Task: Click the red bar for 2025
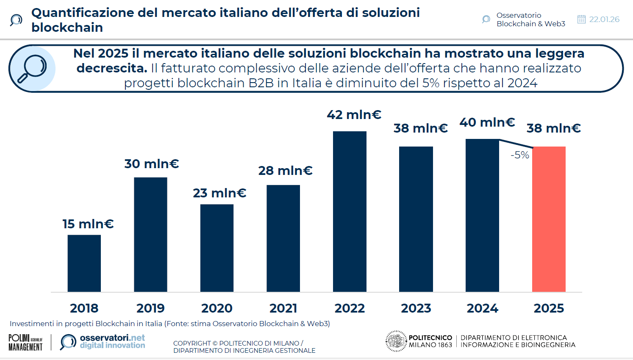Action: tap(549, 219)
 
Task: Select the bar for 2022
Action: tap(350, 211)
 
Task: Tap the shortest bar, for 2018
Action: tap(84, 263)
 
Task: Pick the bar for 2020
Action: tap(217, 248)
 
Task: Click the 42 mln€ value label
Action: tap(354, 115)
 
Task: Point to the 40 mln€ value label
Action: tap(487, 122)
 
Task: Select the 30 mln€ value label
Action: tap(152, 164)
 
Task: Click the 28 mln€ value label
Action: tap(285, 171)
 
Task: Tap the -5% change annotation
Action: tap(520, 155)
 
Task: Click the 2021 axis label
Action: tap(283, 308)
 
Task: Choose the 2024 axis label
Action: tap(482, 308)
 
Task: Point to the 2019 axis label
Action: tap(150, 308)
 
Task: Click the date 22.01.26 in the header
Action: tap(604, 19)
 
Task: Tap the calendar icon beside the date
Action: tap(581, 19)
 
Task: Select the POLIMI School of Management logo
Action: tap(25, 342)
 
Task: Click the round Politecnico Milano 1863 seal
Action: tap(396, 341)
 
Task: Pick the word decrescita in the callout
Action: tap(111, 68)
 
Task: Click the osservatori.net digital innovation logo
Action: tap(103, 341)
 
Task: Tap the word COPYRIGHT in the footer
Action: tap(192, 343)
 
